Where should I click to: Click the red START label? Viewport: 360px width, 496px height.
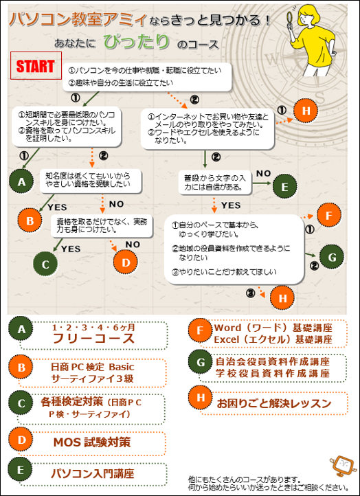[36, 65]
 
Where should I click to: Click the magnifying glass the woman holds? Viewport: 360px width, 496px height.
[290, 19]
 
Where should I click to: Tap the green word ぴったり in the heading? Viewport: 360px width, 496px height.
[136, 42]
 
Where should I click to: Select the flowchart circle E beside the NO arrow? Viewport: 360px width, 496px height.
[284, 186]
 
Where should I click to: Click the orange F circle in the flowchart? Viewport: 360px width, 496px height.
[328, 216]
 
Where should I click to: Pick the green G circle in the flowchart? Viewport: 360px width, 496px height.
[332, 257]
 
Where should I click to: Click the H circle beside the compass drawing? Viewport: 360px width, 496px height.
[306, 111]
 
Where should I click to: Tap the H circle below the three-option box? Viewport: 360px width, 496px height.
[282, 297]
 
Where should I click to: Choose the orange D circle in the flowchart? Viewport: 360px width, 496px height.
[126, 262]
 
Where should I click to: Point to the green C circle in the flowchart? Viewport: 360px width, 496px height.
[45, 264]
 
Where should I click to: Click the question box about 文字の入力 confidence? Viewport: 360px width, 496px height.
[215, 183]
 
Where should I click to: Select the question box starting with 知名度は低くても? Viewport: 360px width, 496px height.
[90, 181]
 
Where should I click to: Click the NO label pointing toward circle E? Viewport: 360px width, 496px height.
[264, 173]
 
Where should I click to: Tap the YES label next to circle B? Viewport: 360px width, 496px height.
[57, 207]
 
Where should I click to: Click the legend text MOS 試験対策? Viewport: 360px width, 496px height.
[92, 442]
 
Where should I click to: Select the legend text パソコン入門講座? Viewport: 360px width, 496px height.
[93, 474]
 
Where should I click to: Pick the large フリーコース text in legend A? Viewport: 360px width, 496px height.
[93, 339]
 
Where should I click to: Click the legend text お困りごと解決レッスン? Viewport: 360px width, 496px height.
[274, 403]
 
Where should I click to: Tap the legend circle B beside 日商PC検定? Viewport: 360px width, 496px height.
[21, 368]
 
